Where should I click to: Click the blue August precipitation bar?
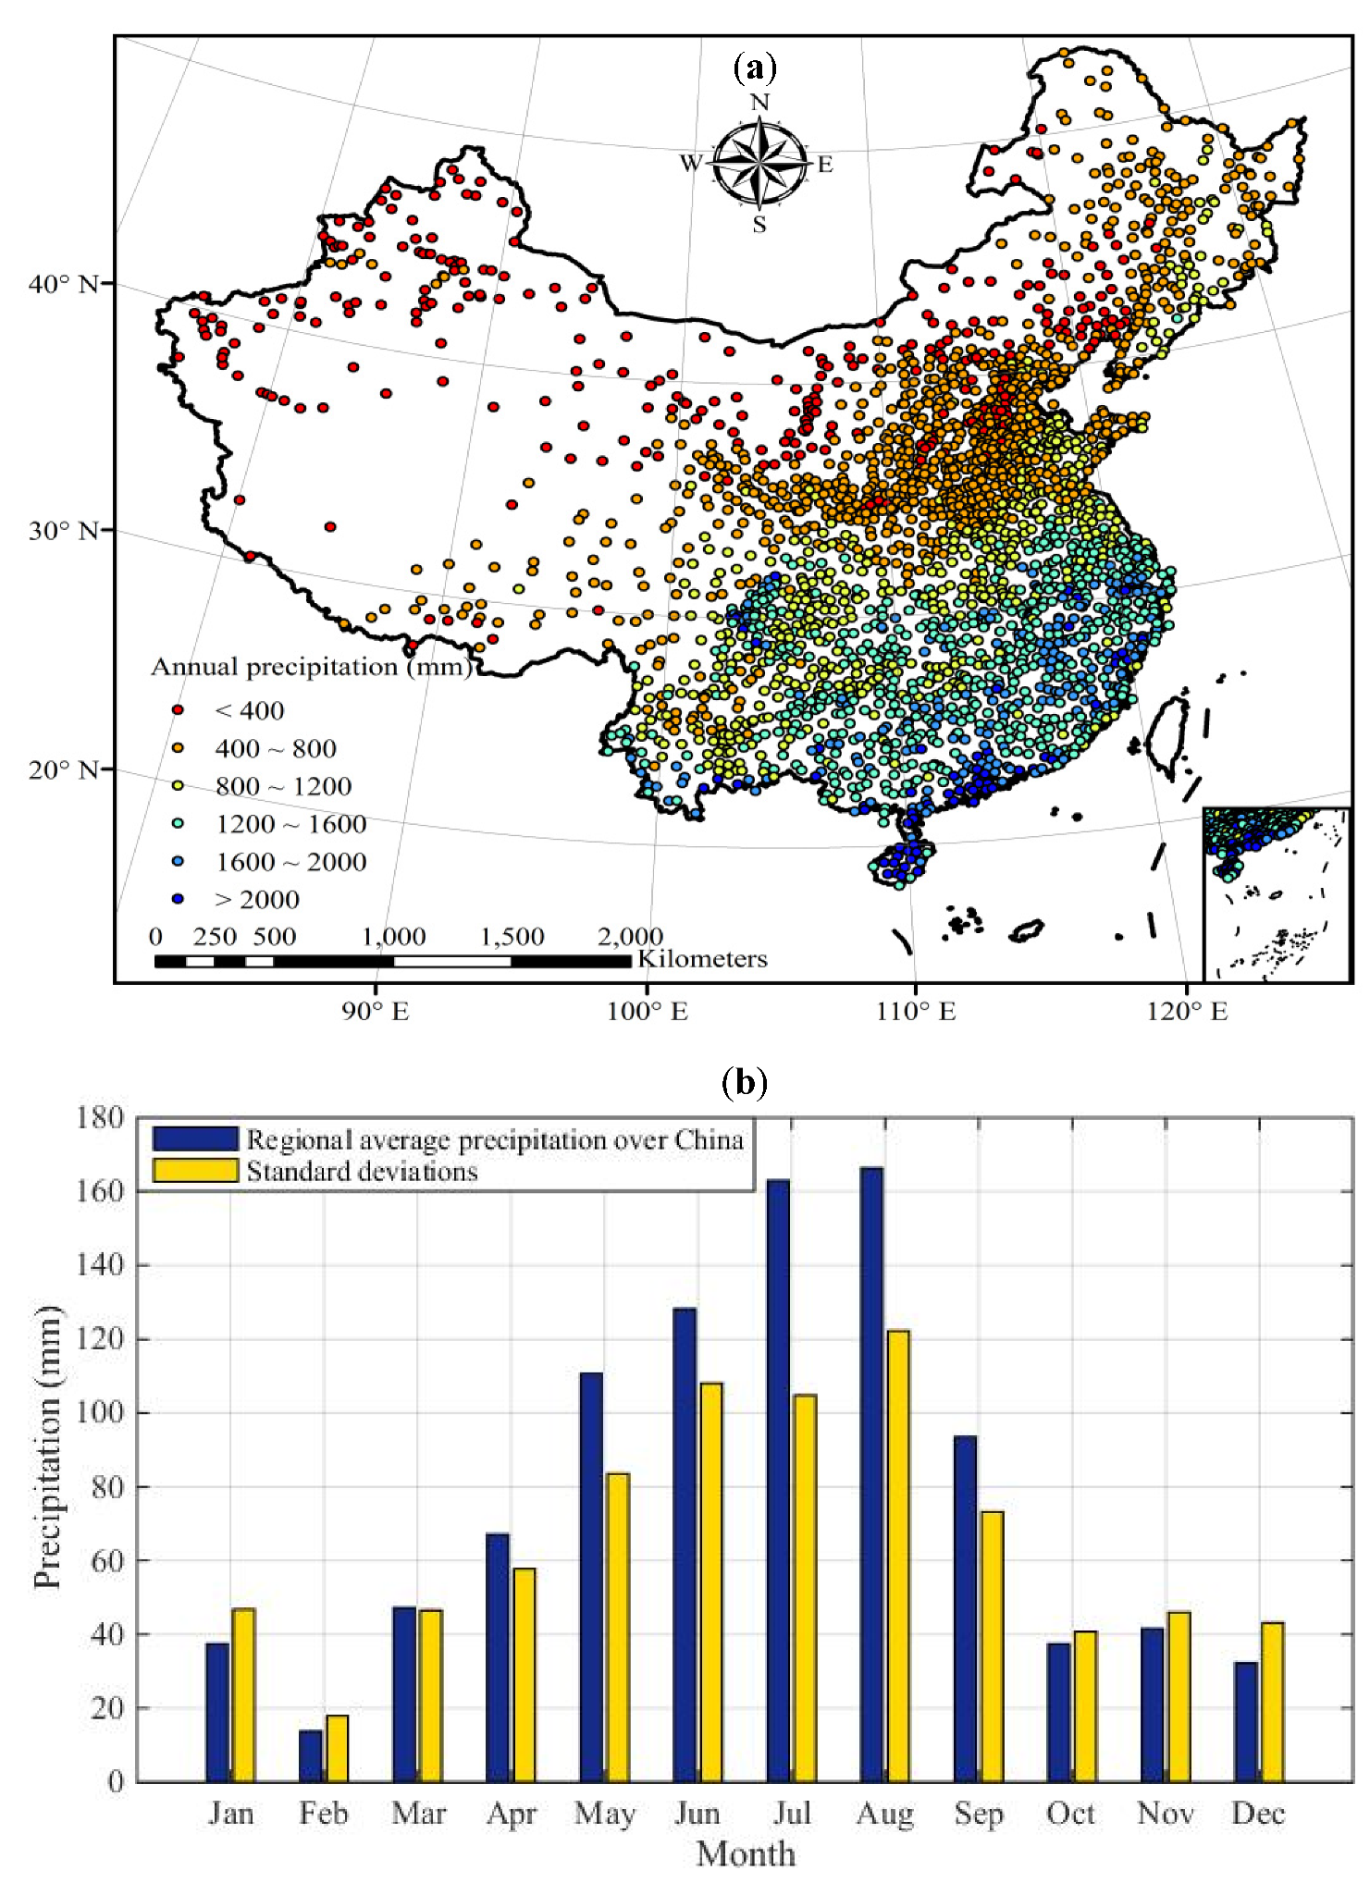(870, 1474)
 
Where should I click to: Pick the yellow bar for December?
(1272, 1702)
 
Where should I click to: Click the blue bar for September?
(965, 1608)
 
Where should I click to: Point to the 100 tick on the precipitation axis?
(102, 1413)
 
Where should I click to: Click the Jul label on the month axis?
(792, 1814)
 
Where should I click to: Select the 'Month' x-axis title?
(746, 1854)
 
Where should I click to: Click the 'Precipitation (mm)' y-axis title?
(47, 1447)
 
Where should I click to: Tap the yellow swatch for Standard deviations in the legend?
(195, 1171)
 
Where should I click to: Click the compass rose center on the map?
(759, 163)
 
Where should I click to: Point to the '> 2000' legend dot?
(179, 899)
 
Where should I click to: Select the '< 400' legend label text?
(249, 710)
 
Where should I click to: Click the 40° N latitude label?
(63, 284)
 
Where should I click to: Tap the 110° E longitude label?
(916, 1012)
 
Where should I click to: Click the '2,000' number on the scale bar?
(630, 937)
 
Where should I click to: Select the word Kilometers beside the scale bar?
(702, 959)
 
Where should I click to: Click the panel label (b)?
(745, 1081)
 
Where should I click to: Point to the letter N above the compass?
(759, 102)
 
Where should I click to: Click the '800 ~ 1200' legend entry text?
(283, 786)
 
